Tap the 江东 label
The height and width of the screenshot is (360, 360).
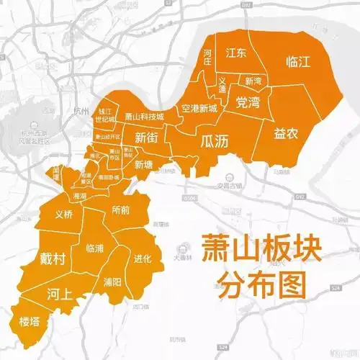(x=236, y=53)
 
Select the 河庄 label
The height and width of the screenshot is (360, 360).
(x=207, y=57)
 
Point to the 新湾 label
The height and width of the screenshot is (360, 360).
(x=254, y=81)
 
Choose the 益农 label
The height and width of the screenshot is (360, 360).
(x=287, y=133)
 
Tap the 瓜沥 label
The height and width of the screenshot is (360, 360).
(x=215, y=142)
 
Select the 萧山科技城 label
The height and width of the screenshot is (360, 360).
(x=144, y=116)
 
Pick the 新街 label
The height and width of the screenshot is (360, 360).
(x=147, y=138)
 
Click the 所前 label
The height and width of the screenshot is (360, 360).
(x=121, y=210)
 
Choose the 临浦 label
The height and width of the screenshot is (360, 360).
(x=95, y=248)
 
